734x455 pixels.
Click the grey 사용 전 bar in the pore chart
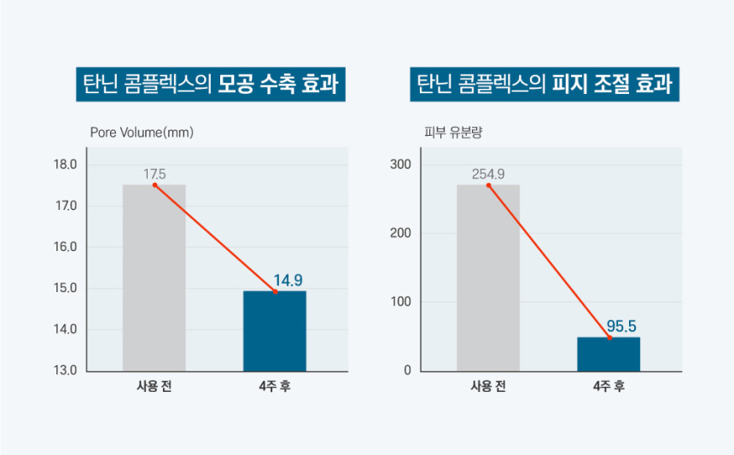[x=154, y=277]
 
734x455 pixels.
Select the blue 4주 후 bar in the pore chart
[x=275, y=331]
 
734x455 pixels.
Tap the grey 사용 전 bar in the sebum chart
[x=487, y=277]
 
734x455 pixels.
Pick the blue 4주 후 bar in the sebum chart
[x=609, y=354]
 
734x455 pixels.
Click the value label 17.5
[x=154, y=174]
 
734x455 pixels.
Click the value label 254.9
[x=488, y=174]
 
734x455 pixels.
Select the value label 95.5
[x=621, y=326]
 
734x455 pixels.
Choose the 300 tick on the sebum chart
[x=401, y=165]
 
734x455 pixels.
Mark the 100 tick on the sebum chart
[x=401, y=302]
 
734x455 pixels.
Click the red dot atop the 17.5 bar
[x=154, y=185]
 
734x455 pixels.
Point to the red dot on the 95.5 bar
[x=609, y=338]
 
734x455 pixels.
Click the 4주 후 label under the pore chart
[x=275, y=386]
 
